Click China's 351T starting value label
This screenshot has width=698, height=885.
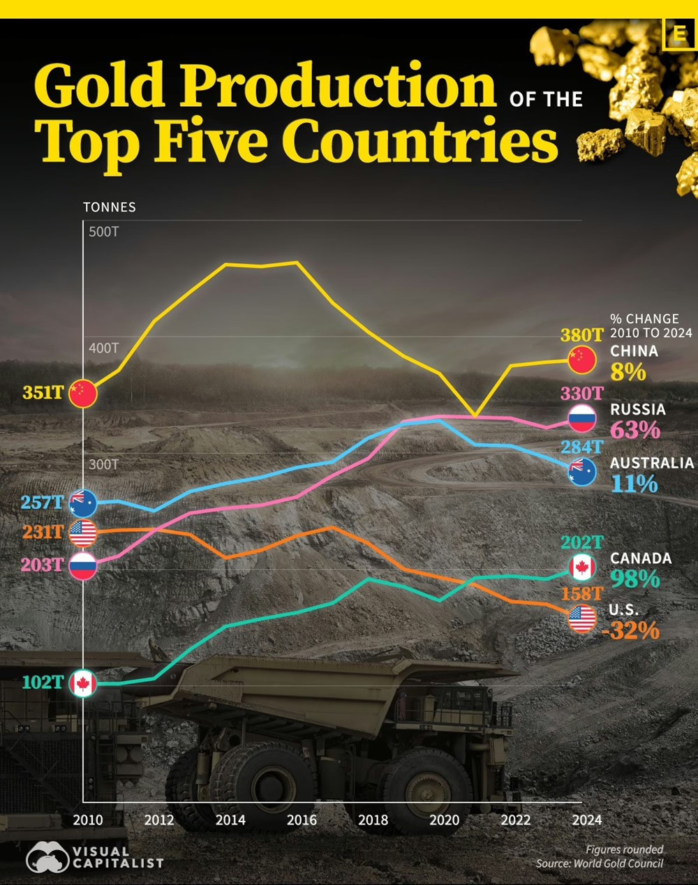tap(43, 392)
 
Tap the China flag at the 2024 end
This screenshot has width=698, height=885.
tap(581, 360)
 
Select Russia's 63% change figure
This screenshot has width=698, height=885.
tap(634, 430)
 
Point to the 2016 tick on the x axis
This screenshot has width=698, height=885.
tap(302, 820)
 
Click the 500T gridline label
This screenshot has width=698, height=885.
tap(103, 232)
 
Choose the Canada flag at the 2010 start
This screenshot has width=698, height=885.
tap(83, 683)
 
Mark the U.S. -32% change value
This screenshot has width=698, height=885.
tap(630, 631)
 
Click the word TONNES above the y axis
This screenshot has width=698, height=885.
tap(110, 207)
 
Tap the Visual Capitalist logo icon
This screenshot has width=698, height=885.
tap(47, 857)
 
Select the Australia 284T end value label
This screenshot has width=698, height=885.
tap(581, 447)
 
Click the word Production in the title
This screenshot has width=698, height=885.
tap(339, 85)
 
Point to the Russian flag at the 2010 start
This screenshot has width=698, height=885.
tap(82, 565)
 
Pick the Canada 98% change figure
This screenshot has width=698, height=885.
tap(634, 579)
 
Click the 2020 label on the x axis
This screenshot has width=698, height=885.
tap(444, 820)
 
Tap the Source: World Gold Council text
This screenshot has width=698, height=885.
tap(599, 864)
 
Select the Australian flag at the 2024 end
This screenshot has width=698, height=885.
tap(581, 472)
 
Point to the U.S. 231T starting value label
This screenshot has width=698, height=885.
tap(43, 532)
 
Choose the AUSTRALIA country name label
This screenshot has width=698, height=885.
tap(651, 463)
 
